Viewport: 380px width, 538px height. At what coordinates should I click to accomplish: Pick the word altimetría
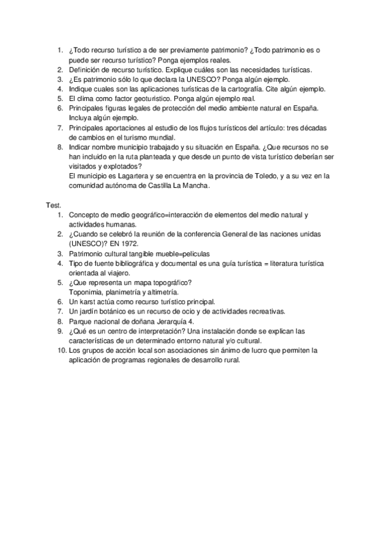[x=161, y=292]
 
